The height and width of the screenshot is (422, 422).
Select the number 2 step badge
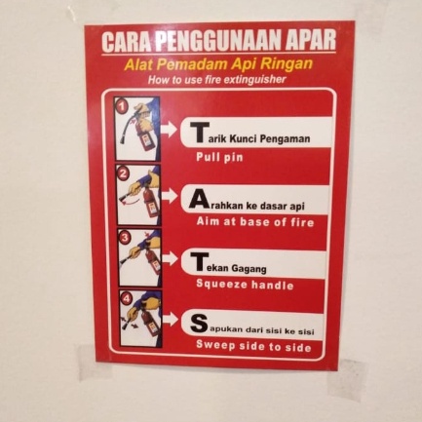click(123, 173)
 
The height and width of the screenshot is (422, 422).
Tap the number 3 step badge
click(124, 236)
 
